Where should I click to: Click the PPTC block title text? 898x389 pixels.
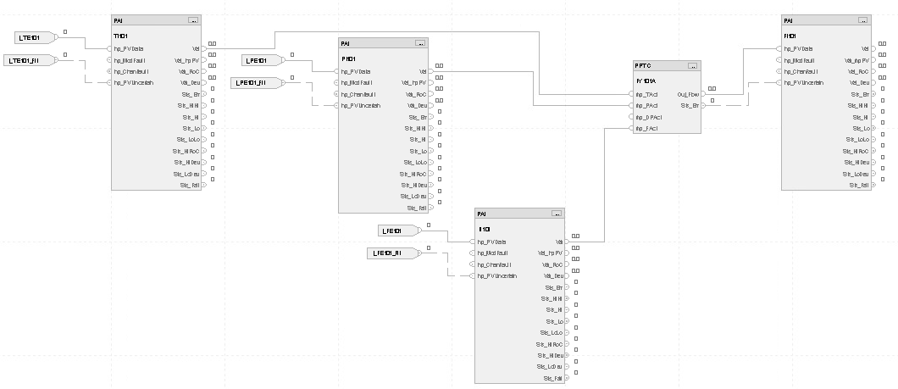tap(642, 65)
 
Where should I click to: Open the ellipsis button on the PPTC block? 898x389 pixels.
tap(692, 65)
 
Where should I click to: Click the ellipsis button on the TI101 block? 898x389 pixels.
tap(193, 19)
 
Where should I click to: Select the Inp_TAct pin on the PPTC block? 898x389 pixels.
tap(646, 94)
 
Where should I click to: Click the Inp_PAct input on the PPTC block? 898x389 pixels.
tap(646, 105)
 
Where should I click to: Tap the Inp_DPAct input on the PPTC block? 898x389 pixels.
tap(647, 117)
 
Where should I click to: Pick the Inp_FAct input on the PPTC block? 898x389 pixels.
tap(646, 128)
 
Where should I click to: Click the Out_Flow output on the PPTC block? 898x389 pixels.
tap(686, 94)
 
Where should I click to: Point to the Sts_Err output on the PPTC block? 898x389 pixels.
tap(688, 105)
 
